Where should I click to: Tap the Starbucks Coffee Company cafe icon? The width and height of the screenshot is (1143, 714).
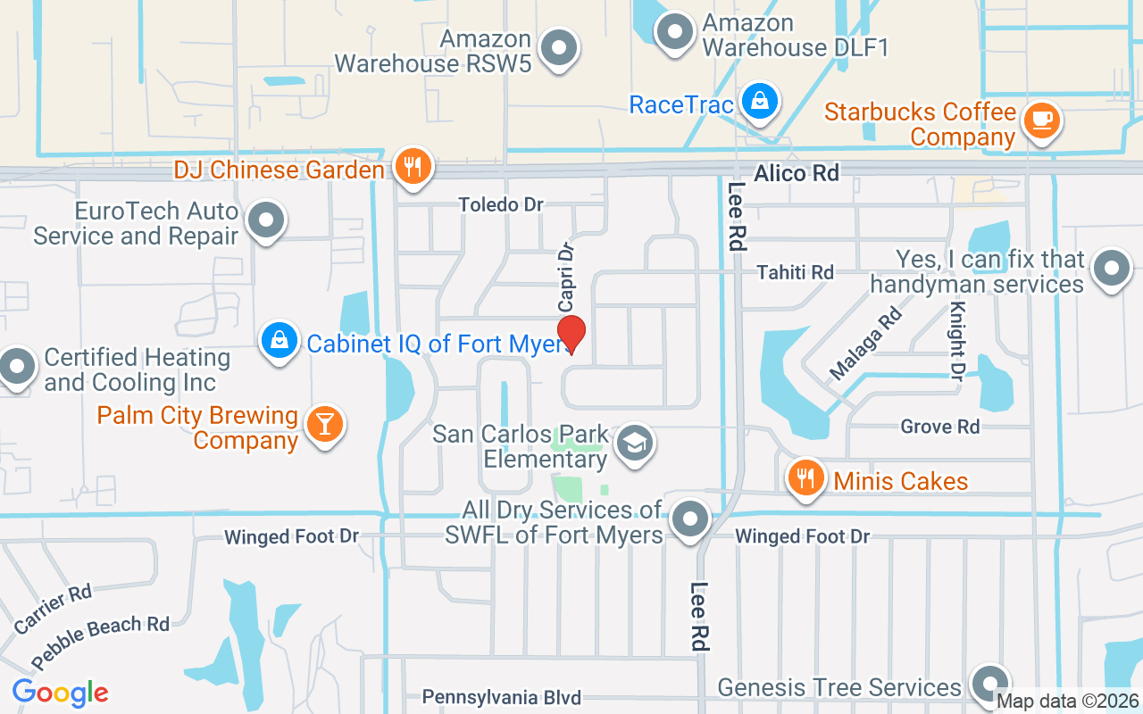click(1040, 120)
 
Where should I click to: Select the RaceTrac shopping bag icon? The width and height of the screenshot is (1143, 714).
click(759, 103)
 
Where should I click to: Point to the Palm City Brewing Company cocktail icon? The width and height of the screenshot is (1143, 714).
click(323, 424)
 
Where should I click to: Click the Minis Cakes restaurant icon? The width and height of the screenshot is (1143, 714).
click(806, 478)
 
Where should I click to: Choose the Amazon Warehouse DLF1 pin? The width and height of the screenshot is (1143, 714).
click(675, 31)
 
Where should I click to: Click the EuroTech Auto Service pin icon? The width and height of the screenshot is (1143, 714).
click(265, 220)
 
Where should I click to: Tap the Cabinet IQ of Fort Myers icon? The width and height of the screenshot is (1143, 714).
click(279, 341)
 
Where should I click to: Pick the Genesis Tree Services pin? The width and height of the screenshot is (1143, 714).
click(989, 685)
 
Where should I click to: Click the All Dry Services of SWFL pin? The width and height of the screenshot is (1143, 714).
click(689, 519)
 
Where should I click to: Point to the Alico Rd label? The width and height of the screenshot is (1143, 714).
click(797, 173)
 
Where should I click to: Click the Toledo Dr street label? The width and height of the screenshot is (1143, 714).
click(501, 204)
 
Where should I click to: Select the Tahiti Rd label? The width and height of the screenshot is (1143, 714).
click(795, 272)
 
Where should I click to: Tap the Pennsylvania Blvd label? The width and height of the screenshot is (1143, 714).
click(501, 697)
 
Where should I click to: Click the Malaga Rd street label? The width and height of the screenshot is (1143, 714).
click(865, 343)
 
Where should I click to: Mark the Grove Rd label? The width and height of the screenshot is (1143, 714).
click(939, 427)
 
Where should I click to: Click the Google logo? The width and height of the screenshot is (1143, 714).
click(61, 692)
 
